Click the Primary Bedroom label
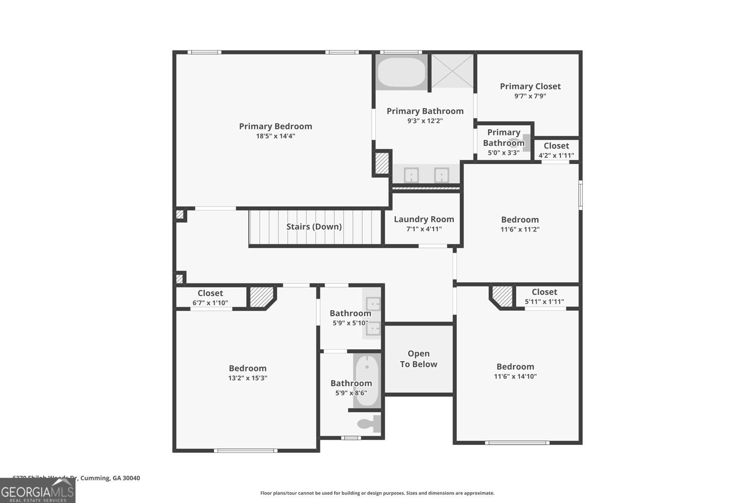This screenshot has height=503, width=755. [275, 126]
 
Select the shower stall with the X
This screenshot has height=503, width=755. [452, 71]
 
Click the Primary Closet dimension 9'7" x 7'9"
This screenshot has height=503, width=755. [530, 96]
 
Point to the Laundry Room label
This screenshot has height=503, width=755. [424, 219]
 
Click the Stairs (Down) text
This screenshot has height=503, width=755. [314, 227]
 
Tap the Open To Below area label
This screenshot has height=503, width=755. [419, 359]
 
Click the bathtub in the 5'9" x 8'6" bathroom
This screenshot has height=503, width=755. [367, 381]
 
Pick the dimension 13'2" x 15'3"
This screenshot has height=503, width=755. [248, 378]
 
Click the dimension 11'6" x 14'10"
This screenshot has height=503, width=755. [515, 377]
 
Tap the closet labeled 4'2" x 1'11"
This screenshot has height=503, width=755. [556, 150]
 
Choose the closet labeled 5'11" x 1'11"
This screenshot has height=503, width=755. [544, 297]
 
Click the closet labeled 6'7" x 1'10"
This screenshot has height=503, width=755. [210, 297]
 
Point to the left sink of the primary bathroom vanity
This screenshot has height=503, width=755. [411, 175]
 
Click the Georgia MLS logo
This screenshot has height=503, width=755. [37, 491]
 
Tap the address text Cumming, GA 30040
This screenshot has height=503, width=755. [110, 478]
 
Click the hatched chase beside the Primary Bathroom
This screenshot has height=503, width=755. [381, 163]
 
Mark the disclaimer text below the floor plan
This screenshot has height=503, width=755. [377, 493]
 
